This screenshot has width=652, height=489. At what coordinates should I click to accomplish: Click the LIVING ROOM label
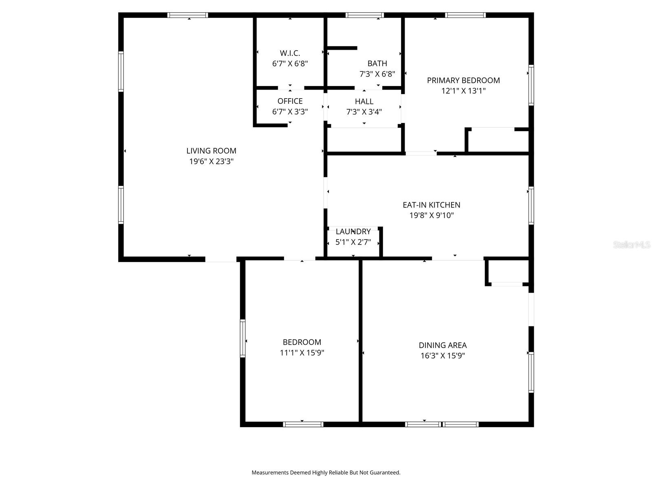pos(211,151)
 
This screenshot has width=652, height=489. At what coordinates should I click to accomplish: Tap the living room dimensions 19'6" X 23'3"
pos(211,161)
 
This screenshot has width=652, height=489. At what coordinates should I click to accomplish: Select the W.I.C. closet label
pos(290,53)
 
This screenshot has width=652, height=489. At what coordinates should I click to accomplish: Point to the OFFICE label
pos(290,101)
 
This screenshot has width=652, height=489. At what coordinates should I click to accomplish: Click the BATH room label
pos(377,63)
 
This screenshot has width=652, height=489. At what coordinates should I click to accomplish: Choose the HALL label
pos(364,101)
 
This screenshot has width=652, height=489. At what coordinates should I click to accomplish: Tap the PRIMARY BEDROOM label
pos(463,80)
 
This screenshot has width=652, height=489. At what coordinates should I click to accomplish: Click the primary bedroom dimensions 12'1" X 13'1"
pos(463,91)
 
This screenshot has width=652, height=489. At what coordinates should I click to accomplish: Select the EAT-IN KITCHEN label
pos(431,205)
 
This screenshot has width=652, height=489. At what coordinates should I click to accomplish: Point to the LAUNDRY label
pos(353,231)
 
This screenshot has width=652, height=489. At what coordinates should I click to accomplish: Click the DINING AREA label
pos(443,345)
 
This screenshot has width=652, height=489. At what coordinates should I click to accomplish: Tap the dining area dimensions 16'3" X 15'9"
pos(443,356)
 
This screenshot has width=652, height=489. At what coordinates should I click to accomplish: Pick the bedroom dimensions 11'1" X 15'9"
pos(302,353)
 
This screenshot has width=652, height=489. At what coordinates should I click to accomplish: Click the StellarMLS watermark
pos(631,244)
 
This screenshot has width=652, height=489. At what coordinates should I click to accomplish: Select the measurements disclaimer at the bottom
pos(326,473)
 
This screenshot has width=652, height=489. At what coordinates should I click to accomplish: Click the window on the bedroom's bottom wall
pos(303,424)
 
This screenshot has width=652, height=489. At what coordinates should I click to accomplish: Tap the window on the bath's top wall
pos(365,15)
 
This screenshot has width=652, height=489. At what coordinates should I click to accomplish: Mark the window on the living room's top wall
pos(188,15)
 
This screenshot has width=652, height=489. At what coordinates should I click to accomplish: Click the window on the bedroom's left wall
pos(243,338)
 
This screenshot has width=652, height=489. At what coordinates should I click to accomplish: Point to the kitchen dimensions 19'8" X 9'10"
pos(431,216)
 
